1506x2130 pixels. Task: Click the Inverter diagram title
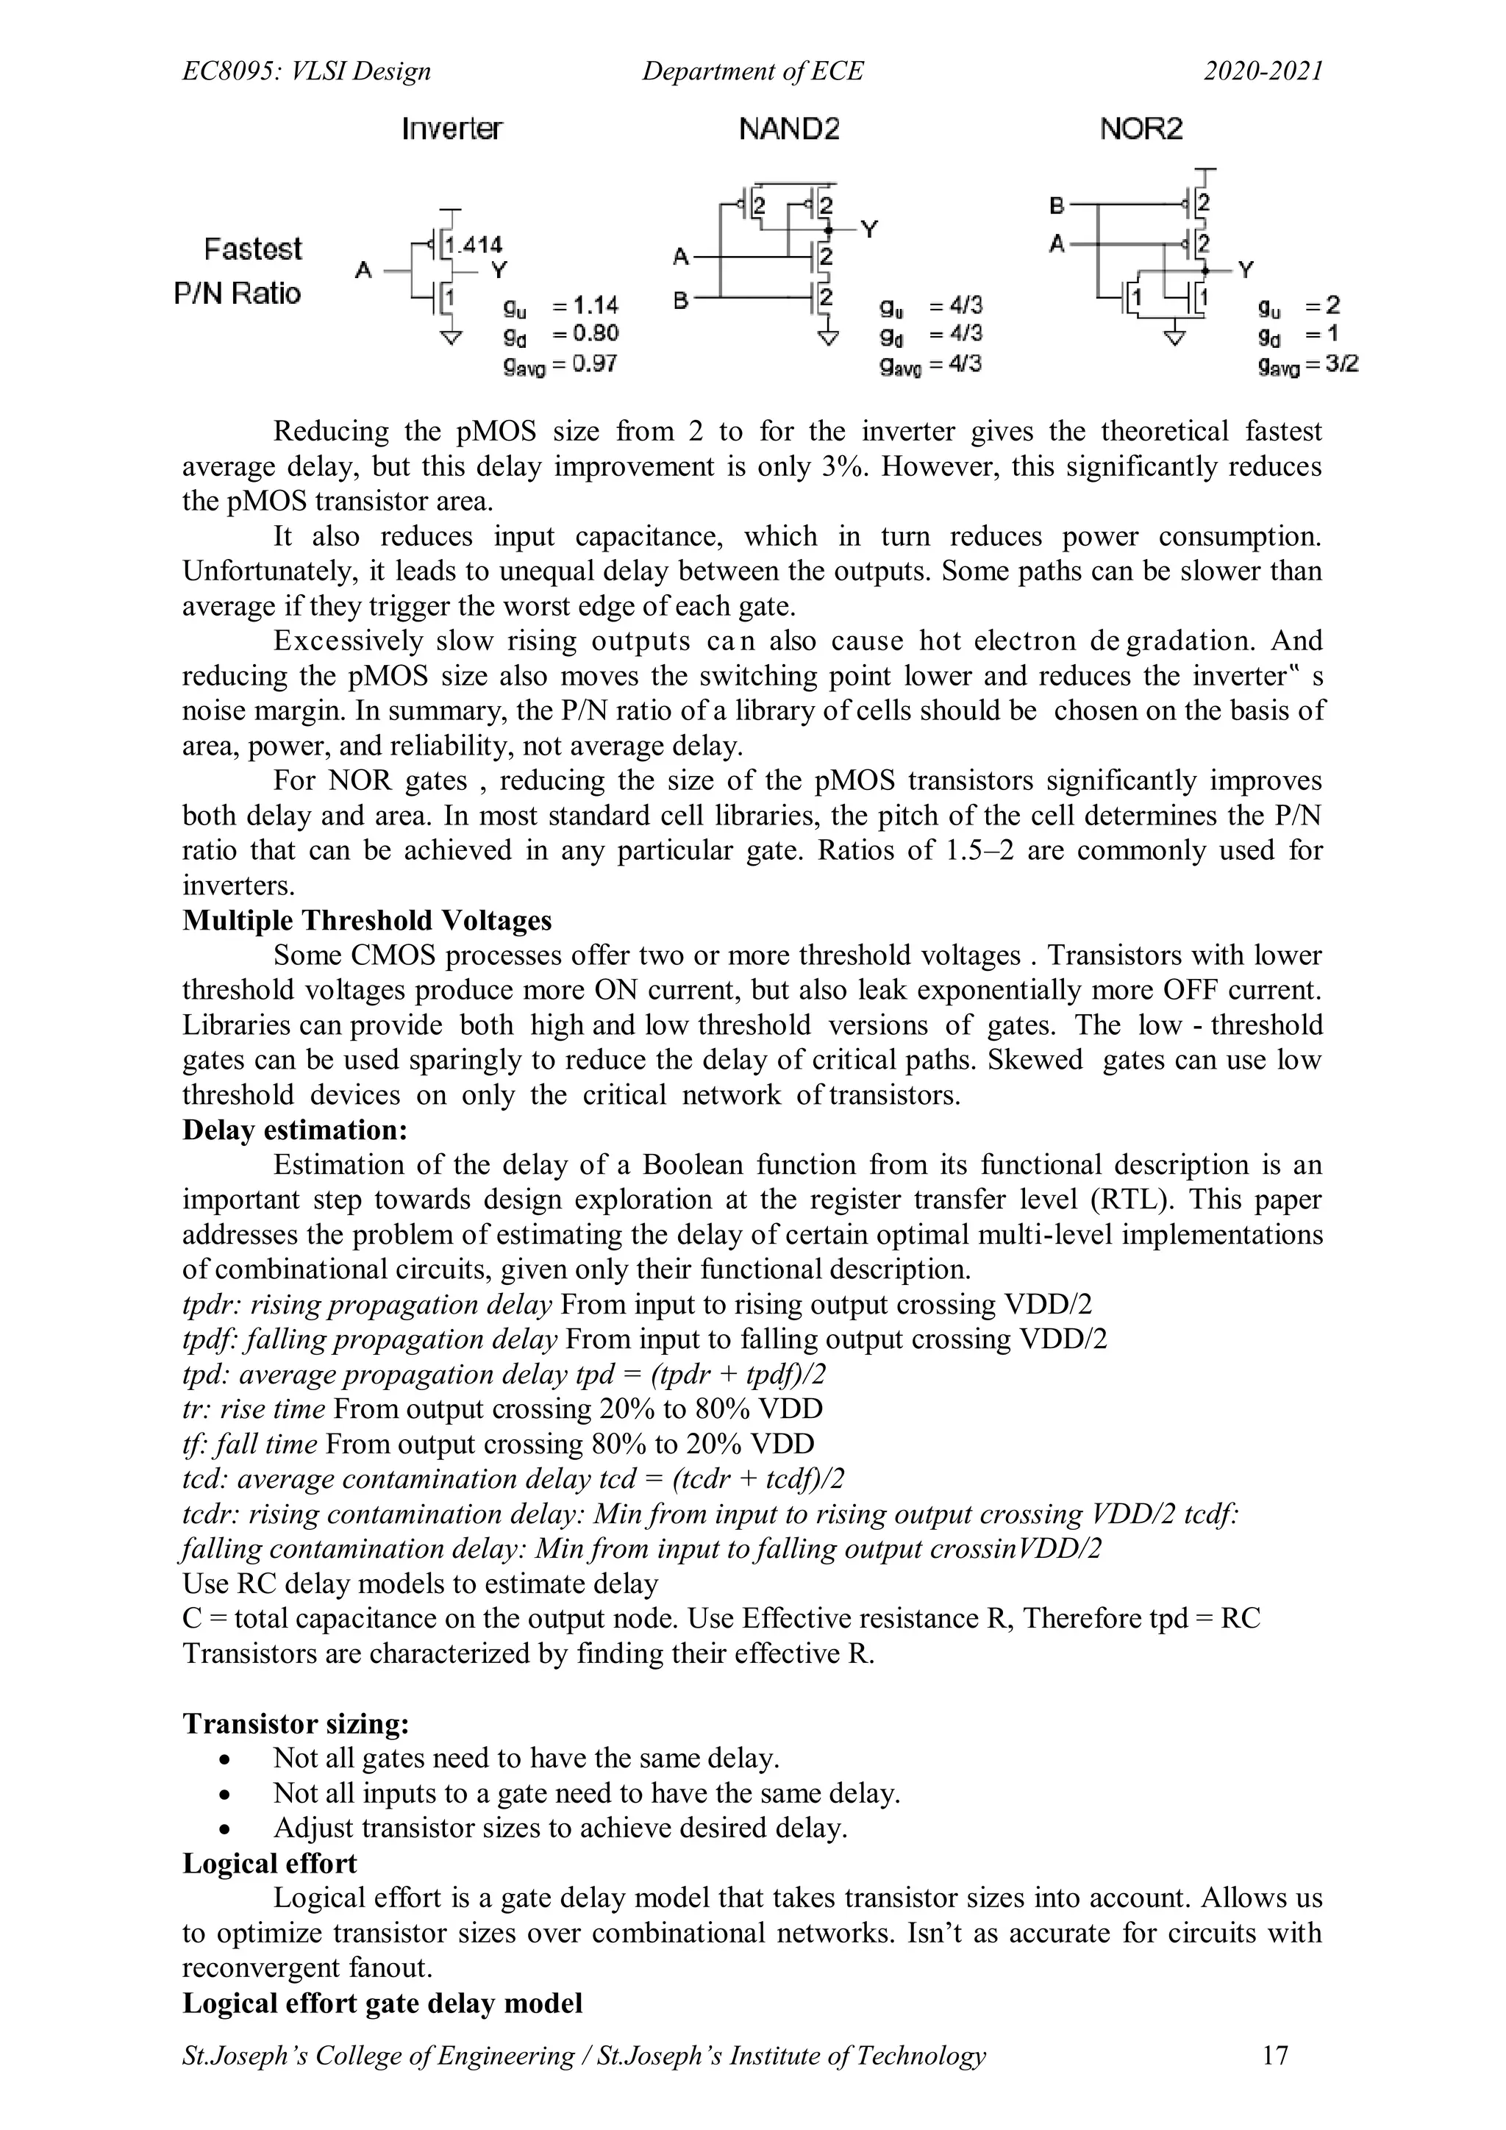[452, 129]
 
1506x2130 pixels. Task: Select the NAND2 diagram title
[789, 129]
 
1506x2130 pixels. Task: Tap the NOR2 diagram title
[1141, 129]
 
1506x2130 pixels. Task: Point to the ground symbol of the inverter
[451, 337]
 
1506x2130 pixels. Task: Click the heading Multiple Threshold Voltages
[366, 920]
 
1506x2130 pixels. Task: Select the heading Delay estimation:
[295, 1130]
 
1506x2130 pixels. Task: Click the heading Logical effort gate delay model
[382, 2003]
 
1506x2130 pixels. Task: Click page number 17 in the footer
[1275, 2055]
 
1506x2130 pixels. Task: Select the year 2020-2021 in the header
[1263, 71]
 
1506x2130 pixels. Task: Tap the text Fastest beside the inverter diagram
[253, 249]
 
